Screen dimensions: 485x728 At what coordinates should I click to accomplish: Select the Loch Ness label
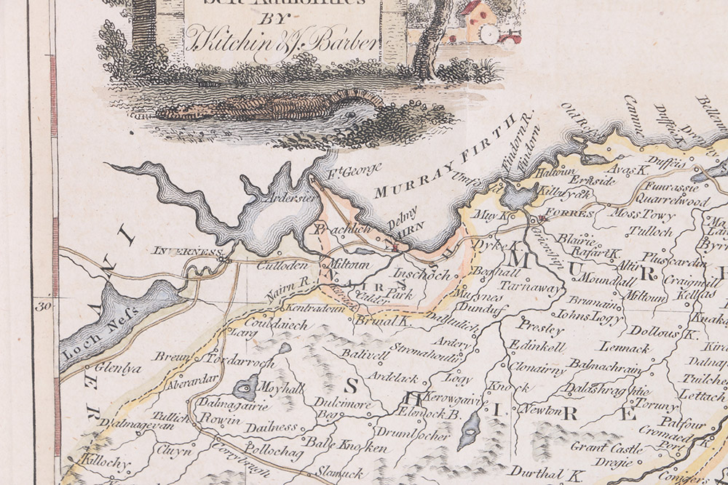pos(86,345)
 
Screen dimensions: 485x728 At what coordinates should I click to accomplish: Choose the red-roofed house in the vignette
pos(478,16)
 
